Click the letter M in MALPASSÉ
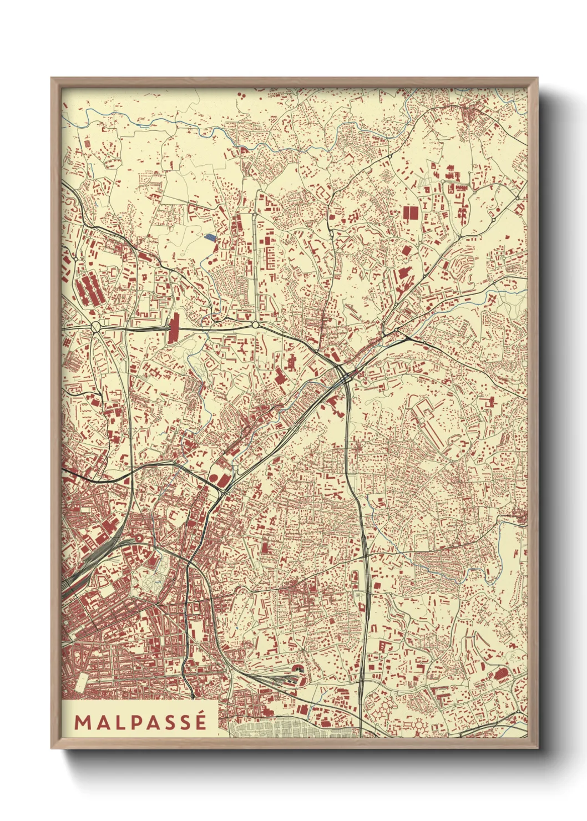(82, 722)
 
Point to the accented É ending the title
(200, 721)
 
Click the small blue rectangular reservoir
(210, 237)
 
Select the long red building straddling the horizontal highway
(174, 327)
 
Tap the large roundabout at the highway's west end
(95, 327)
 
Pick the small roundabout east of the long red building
(255, 325)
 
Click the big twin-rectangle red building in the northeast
(410, 212)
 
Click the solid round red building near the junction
(212, 480)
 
